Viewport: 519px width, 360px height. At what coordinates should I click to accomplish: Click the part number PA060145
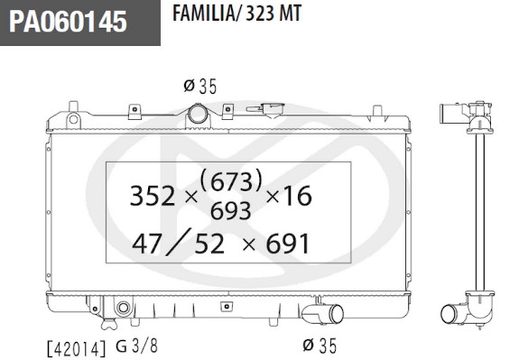click(x=68, y=22)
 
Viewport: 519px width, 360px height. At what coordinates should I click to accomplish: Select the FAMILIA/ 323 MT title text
click(x=237, y=14)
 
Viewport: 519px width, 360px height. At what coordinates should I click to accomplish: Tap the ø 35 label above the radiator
click(x=199, y=87)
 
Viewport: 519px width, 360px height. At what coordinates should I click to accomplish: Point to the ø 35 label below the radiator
click(x=320, y=346)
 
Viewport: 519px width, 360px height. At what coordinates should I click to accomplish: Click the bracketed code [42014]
click(x=78, y=348)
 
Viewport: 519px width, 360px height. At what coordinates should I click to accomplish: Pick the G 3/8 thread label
click(x=136, y=346)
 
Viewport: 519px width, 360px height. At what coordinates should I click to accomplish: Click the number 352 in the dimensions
click(x=153, y=196)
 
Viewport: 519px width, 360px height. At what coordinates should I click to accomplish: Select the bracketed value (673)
click(x=231, y=180)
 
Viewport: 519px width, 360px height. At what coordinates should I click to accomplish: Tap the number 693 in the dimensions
click(x=231, y=211)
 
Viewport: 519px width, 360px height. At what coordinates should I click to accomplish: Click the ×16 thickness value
click(x=289, y=196)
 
